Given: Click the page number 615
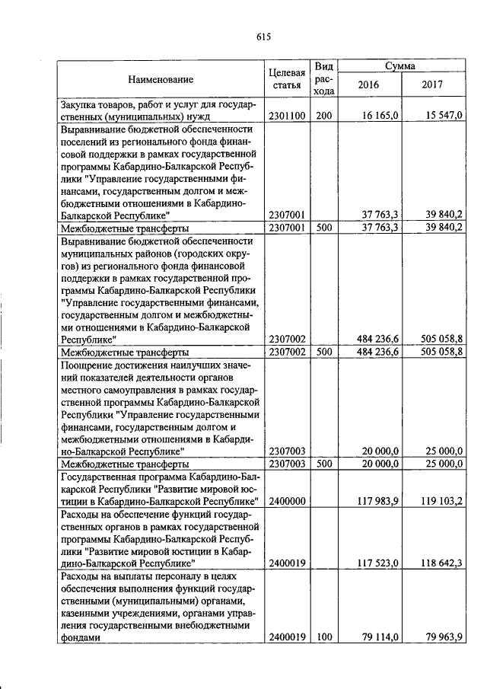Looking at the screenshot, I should (x=264, y=37).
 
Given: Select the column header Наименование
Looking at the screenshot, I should (x=161, y=79).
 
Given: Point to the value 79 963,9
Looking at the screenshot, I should (x=444, y=638).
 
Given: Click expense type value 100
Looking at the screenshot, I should (x=324, y=638).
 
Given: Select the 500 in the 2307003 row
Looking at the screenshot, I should (x=324, y=463).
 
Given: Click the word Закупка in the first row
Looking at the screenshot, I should (x=80, y=104).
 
